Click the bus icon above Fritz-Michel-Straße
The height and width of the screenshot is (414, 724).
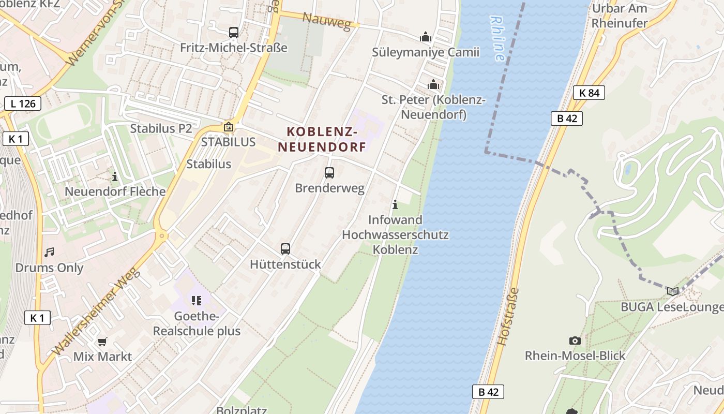pyautogui.click(x=234, y=32)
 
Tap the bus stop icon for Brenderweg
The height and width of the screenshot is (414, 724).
pyautogui.click(x=329, y=173)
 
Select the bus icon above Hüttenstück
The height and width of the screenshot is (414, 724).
pyautogui.click(x=285, y=248)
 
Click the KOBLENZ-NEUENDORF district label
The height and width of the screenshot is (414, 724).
pyautogui.click(x=322, y=139)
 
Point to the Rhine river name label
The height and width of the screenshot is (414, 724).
pyautogui.click(x=497, y=39)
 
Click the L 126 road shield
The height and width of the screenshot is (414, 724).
pyautogui.click(x=23, y=103)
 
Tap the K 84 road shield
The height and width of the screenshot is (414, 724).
pyautogui.click(x=589, y=93)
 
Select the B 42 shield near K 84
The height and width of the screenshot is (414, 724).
pyautogui.click(x=567, y=119)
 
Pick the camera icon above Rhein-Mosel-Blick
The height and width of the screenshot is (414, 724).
pyautogui.click(x=575, y=341)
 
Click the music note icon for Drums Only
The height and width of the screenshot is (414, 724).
pyautogui.click(x=49, y=253)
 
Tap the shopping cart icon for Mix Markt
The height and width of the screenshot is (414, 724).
pyautogui.click(x=102, y=342)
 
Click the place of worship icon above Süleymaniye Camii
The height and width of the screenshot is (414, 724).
pyautogui.click(x=426, y=37)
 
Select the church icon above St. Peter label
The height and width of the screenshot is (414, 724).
pyautogui.click(x=433, y=84)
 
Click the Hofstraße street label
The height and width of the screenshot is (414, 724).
pyautogui.click(x=507, y=317)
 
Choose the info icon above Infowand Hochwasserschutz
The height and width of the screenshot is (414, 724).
pyautogui.click(x=395, y=205)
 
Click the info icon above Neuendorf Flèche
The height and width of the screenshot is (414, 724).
pyautogui.click(x=115, y=176)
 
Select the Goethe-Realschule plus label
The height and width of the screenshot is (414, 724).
pyautogui.click(x=197, y=323)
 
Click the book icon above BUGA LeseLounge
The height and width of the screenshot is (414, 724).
pyautogui.click(x=672, y=291)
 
